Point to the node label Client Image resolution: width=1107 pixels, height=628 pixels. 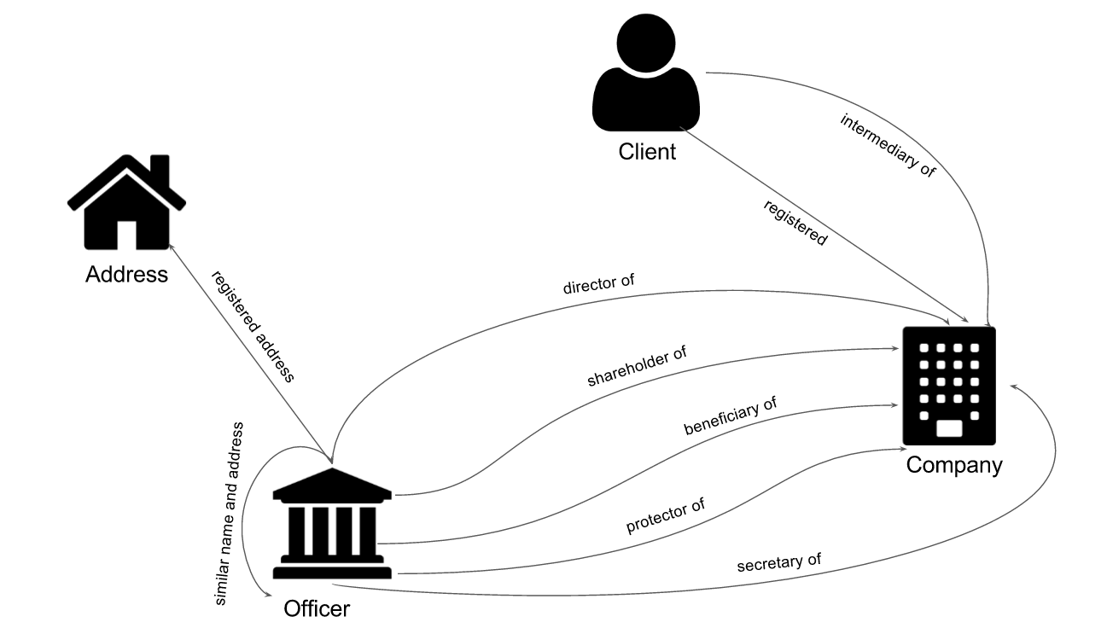pyautogui.click(x=647, y=152)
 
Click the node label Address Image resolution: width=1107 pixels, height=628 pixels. pyautogui.click(x=126, y=275)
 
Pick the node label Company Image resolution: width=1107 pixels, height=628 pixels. pyautogui.click(x=954, y=466)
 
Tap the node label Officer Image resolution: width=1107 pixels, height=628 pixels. pyautogui.click(x=317, y=609)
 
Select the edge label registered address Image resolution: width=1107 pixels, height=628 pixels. pyautogui.click(x=253, y=327)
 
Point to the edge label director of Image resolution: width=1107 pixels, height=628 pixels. pyautogui.click(x=598, y=284)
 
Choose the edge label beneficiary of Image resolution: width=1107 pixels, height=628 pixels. pyautogui.click(x=730, y=416)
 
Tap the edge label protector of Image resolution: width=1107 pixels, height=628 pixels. pyautogui.click(x=665, y=515)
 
